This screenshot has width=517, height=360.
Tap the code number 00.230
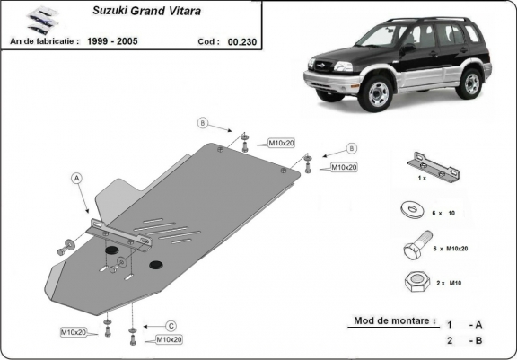[240, 41]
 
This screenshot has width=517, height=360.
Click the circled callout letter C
[170, 326]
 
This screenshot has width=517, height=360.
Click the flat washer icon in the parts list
[415, 211]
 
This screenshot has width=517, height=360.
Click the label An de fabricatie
[45, 41]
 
